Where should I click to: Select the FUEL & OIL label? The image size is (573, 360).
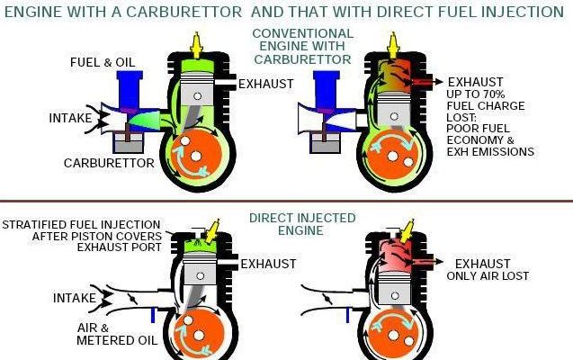103,62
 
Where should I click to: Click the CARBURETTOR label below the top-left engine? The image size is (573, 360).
107,163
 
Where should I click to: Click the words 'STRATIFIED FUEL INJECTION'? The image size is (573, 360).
82,224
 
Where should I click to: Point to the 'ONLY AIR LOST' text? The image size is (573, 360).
488,276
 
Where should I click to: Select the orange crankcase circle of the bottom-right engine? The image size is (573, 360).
390,336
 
